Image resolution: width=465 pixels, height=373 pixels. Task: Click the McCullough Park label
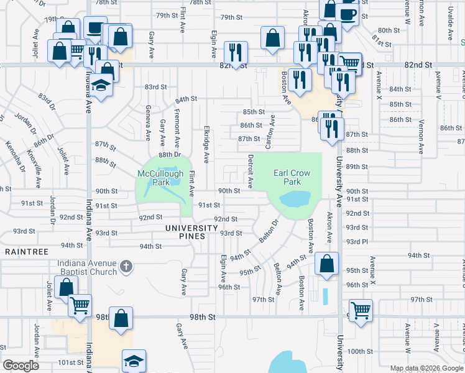(x=154, y=178)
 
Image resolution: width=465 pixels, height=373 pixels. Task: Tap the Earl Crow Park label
(x=287, y=177)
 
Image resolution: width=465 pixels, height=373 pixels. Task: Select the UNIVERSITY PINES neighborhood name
(x=191, y=228)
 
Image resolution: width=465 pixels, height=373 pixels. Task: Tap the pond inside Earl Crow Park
(x=295, y=199)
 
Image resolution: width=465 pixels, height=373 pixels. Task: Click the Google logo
(x=21, y=366)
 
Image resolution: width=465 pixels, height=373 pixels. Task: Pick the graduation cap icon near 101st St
(x=134, y=361)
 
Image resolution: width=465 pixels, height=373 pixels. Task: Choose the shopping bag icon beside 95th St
(x=326, y=263)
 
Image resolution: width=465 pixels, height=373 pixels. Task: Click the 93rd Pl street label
(x=357, y=241)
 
